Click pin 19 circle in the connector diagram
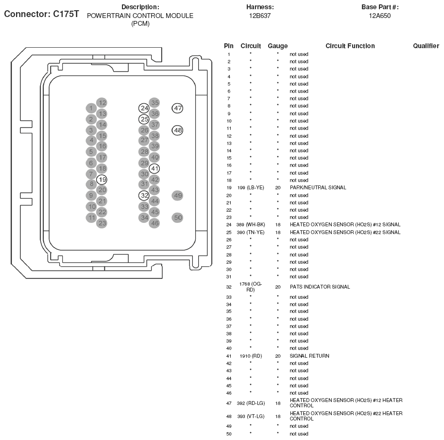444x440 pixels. (102, 179)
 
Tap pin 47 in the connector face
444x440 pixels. (178, 108)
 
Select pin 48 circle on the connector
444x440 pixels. (178, 130)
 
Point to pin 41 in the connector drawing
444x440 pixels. (154, 168)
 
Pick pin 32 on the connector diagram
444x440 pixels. (144, 195)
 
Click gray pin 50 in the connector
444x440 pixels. (178, 218)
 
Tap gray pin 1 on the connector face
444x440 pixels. (91, 108)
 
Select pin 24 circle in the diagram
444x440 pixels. (144, 108)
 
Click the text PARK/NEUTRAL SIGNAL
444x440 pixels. (318, 187)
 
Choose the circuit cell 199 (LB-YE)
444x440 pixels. (251, 187)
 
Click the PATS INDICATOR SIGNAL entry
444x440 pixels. (320, 287)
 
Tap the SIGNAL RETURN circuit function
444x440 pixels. (309, 356)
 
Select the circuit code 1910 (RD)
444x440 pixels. (251, 356)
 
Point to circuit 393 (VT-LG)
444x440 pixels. (251, 416)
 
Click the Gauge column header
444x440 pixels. (277, 46)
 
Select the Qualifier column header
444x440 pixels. (426, 46)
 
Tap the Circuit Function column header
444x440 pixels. (350, 46)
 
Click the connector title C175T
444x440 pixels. (41, 14)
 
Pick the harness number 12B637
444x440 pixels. (260, 16)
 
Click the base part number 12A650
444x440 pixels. (379, 16)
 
